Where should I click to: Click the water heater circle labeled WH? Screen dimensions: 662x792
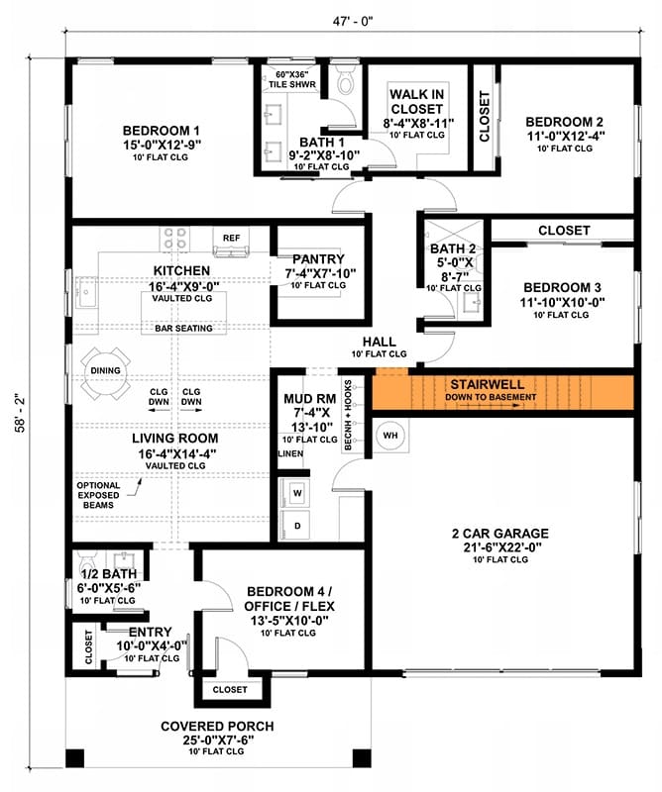click(390, 436)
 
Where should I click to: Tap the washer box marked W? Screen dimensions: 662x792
click(297, 493)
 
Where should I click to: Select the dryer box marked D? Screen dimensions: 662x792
click(297, 526)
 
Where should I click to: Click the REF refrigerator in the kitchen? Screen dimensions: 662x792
click(232, 243)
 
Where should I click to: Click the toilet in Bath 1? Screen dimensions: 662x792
click(346, 80)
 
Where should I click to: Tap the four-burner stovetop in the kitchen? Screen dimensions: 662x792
click(175, 239)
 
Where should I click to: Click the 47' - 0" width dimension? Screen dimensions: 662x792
click(353, 21)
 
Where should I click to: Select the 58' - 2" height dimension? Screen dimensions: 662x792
click(20, 413)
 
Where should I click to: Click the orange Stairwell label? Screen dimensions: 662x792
click(488, 384)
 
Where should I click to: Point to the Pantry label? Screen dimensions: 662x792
click(318, 259)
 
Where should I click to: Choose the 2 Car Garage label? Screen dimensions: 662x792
click(500, 534)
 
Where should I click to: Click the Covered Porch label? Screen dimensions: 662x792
click(217, 727)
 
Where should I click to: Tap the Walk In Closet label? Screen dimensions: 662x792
click(416, 102)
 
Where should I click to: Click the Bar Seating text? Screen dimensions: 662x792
click(183, 329)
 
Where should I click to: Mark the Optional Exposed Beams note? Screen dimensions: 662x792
click(99, 495)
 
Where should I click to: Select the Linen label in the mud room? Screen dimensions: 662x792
click(290, 453)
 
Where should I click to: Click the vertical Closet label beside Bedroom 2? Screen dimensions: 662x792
click(485, 117)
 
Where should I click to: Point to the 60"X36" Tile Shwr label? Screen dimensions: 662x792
click(292, 79)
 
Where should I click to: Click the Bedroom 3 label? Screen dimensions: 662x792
click(562, 288)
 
